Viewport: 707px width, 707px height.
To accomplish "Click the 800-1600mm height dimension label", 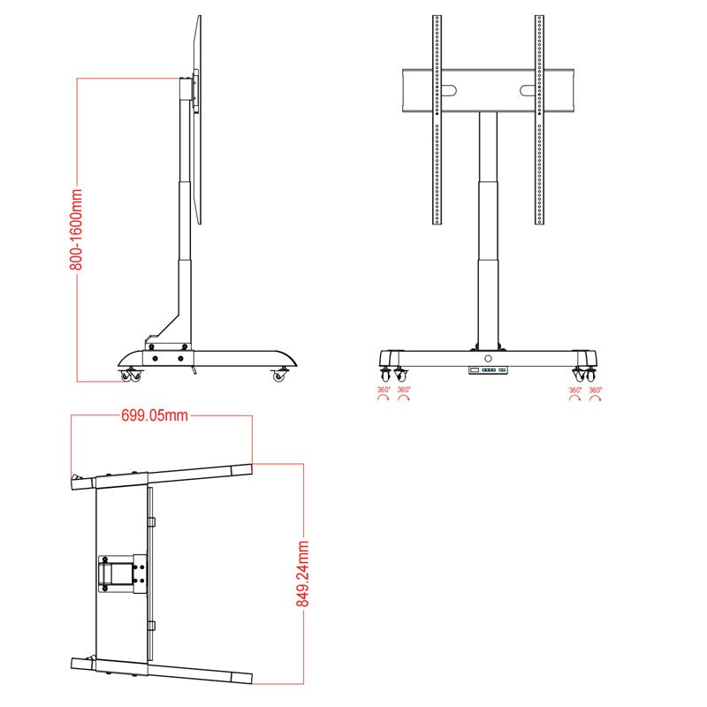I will [x=78, y=229].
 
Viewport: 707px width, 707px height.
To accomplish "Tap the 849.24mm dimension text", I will [x=302, y=574].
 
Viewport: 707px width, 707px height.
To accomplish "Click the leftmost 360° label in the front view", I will [x=384, y=390].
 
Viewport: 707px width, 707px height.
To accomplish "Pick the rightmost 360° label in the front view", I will [x=596, y=390].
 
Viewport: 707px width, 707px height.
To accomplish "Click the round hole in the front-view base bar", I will [x=488, y=358].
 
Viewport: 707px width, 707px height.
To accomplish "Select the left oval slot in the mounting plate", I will [x=449, y=90].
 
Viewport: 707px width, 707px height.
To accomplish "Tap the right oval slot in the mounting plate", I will [x=528, y=90].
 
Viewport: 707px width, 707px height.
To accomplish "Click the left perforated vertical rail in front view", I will [x=437, y=119].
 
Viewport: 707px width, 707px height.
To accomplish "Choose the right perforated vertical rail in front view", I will [x=539, y=119].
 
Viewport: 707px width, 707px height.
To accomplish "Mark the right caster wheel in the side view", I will [x=280, y=376].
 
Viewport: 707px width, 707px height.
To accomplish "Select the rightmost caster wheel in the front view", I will [x=591, y=375].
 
